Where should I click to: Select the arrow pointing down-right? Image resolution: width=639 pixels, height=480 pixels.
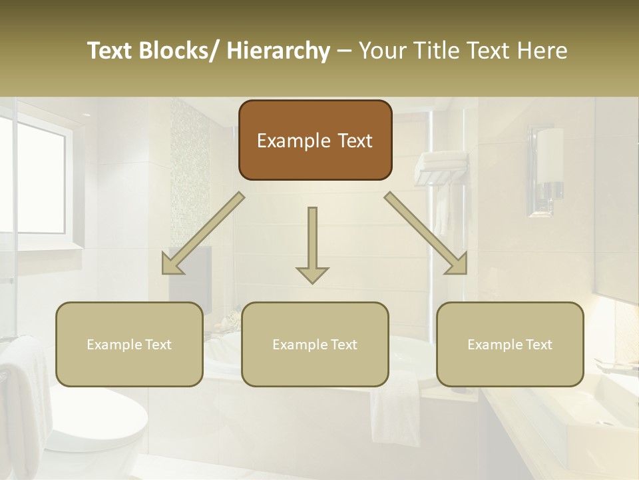tap(427, 234)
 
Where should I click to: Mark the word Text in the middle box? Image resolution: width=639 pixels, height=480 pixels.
tap(343, 345)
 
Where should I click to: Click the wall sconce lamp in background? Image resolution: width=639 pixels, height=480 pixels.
tap(550, 157)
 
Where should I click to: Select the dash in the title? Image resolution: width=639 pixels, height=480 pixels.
tap(344, 51)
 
